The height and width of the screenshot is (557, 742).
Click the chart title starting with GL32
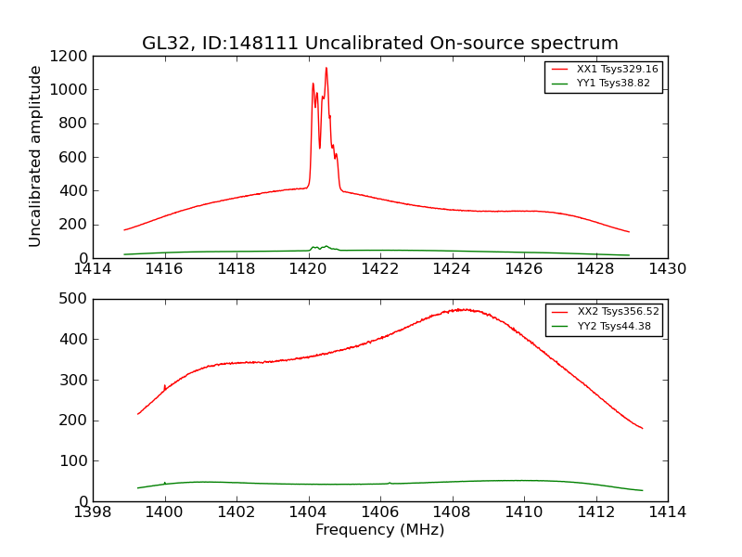[x=379, y=44]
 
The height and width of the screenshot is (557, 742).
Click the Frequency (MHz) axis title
[x=379, y=530]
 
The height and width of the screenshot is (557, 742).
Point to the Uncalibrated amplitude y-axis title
[x=36, y=156]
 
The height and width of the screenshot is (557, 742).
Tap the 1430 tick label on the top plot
[x=667, y=269]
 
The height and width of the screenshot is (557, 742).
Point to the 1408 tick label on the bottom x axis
[x=452, y=512]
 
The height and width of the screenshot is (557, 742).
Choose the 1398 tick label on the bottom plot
[x=93, y=512]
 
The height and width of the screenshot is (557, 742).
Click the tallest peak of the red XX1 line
[x=326, y=68]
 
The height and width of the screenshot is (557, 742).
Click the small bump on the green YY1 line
[x=325, y=246]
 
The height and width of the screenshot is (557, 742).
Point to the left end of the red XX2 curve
[x=138, y=414]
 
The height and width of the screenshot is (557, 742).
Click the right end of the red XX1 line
[x=629, y=232]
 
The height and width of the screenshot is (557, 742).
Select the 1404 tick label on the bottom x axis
[x=308, y=512]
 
